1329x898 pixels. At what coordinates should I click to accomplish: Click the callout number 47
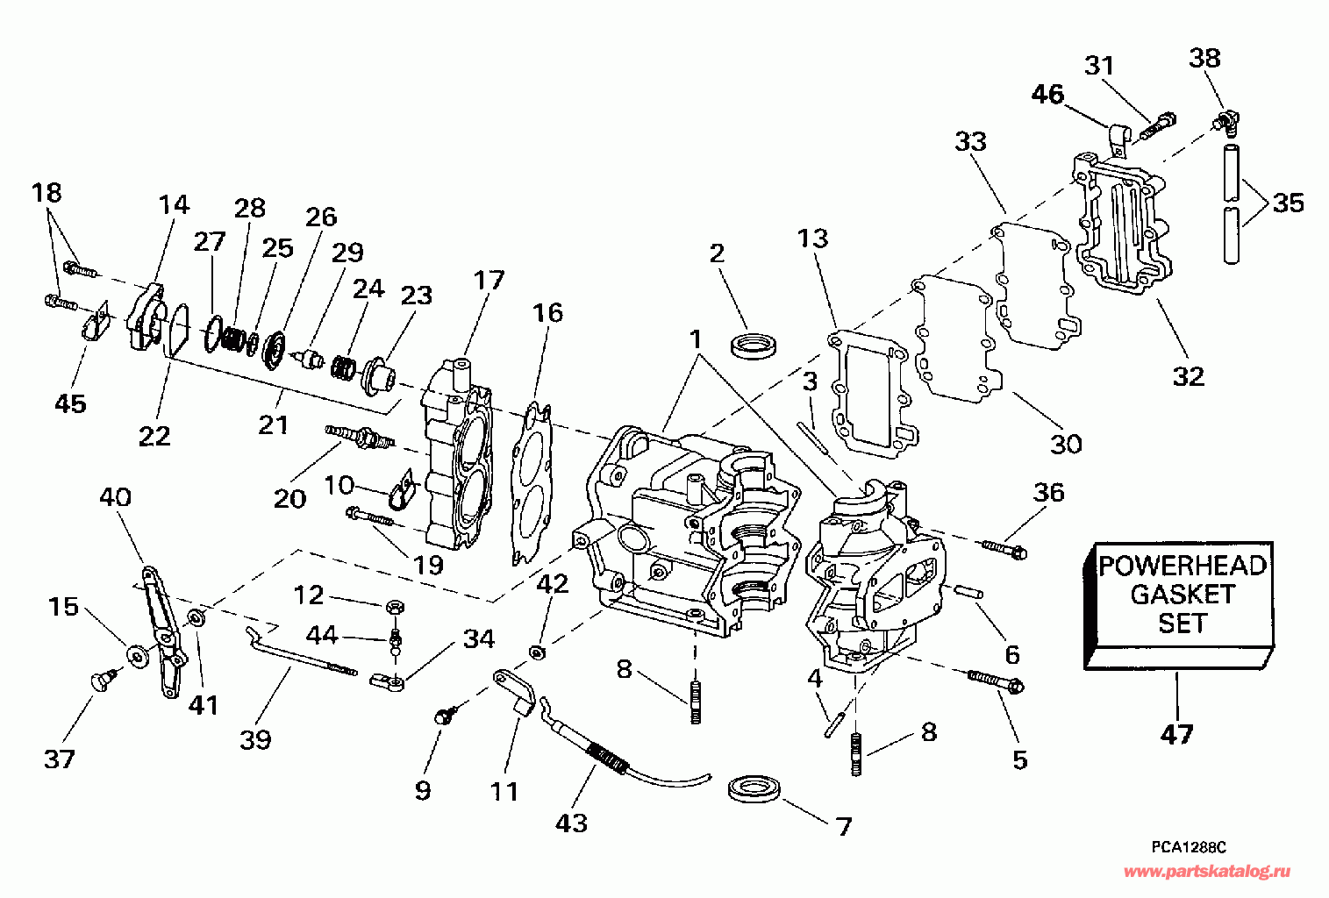click(x=1176, y=735)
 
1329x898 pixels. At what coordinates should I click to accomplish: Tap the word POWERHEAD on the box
click(x=1183, y=566)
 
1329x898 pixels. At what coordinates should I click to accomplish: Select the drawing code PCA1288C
click(x=1189, y=848)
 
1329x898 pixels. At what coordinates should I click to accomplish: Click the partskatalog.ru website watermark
click(x=1207, y=872)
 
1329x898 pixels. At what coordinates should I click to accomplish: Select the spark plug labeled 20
click(x=360, y=436)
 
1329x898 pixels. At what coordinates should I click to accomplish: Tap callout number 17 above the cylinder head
click(x=489, y=280)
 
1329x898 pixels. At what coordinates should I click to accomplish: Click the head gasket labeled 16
click(x=532, y=483)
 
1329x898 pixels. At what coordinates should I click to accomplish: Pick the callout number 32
click(x=1189, y=376)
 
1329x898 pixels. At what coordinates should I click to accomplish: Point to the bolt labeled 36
click(x=1004, y=549)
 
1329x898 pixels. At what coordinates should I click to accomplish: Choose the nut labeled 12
click(x=395, y=607)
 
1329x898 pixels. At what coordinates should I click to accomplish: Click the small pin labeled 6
click(x=968, y=591)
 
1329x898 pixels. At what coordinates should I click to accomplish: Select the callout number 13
click(x=812, y=239)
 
